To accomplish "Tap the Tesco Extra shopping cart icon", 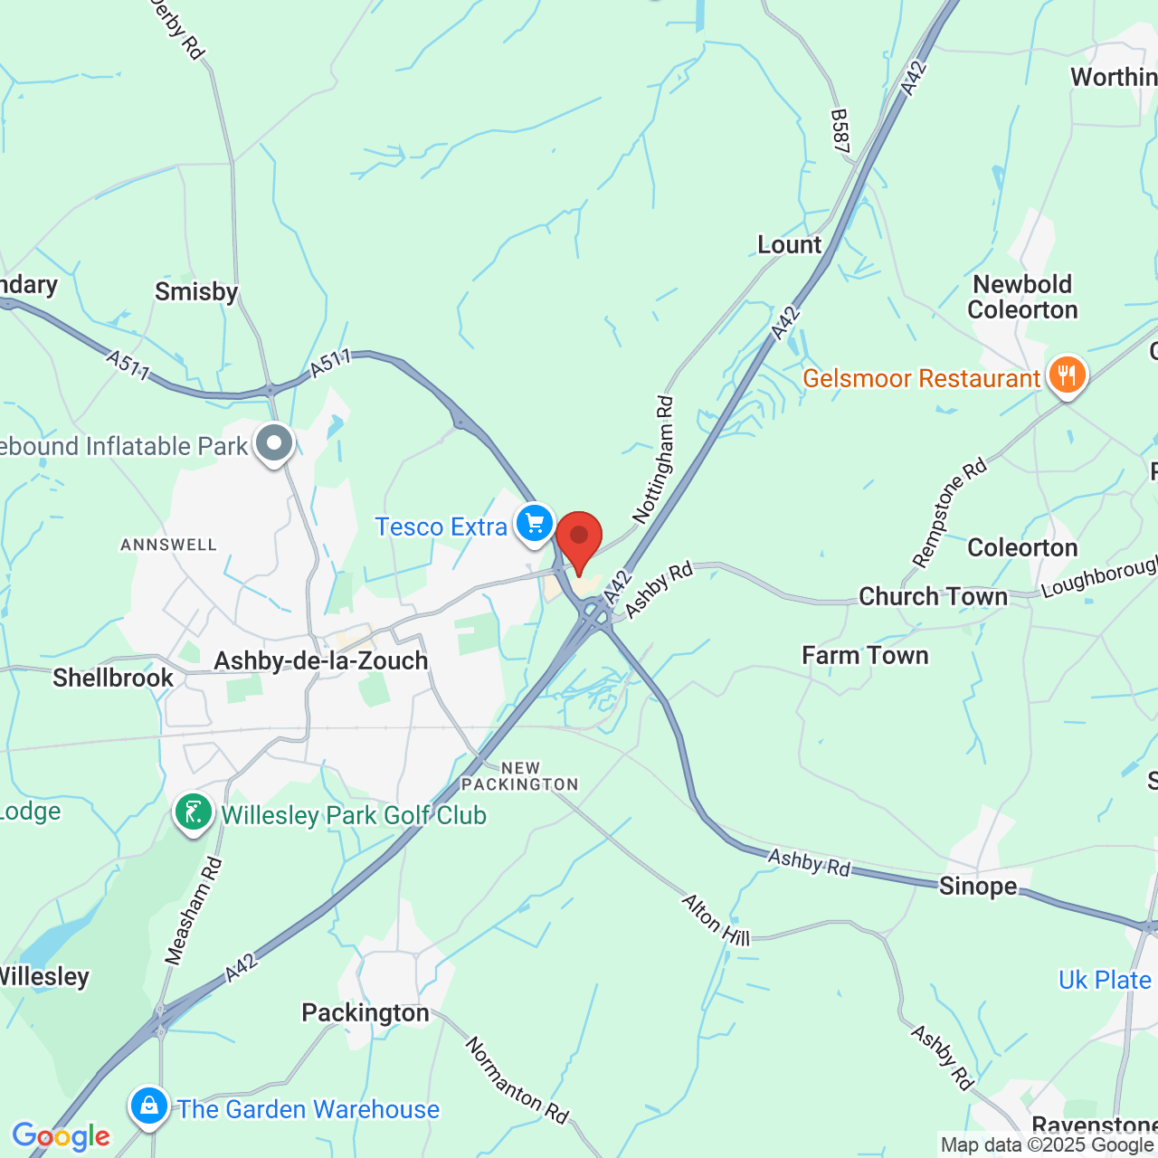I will point(535,524).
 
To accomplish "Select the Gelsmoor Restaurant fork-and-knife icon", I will point(1068,375).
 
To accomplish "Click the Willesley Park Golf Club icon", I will point(194,812).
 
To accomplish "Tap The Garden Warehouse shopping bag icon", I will point(149,1106).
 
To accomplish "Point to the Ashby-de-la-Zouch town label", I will point(321,661).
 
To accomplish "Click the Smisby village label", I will point(196,291).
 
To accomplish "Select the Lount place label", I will point(790,245).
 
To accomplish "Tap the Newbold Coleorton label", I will point(1022,298).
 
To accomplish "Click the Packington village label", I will point(365,1012).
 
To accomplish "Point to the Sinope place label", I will point(978,886).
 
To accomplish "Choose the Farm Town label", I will point(865,655).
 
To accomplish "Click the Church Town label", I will point(933,597).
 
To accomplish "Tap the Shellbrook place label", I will point(113,678).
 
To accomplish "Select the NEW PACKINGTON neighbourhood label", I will point(519,776).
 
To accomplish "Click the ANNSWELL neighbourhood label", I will point(169,545).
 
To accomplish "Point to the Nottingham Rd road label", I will point(654,460).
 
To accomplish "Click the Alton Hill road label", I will point(716,919).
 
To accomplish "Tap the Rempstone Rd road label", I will point(949,513).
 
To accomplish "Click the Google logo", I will point(61,1136).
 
